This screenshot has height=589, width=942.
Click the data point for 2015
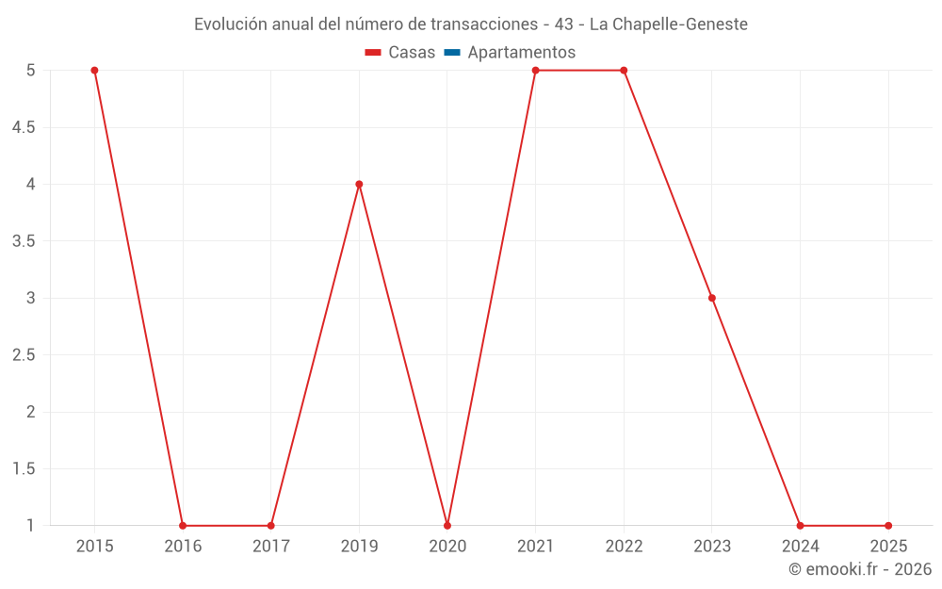(94, 70)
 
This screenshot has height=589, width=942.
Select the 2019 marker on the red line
(359, 184)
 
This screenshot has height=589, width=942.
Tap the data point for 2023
(712, 298)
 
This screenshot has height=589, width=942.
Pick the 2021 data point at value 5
(535, 70)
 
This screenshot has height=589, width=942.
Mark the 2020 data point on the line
(447, 525)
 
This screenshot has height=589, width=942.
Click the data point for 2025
(888, 525)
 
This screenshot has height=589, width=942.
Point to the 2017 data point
(270, 525)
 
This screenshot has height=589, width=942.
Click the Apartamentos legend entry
(521, 53)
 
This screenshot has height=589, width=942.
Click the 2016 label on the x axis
(183, 546)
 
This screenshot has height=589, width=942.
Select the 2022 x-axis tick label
(624, 546)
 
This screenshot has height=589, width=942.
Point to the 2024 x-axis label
(800, 546)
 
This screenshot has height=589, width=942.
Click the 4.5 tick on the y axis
(24, 127)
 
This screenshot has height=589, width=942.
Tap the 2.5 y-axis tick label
(24, 355)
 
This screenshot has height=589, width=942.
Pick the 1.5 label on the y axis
(24, 469)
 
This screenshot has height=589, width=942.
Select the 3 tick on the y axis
(30, 298)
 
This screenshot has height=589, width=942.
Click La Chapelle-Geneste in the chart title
(668, 25)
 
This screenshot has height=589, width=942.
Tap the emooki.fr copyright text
(860, 569)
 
